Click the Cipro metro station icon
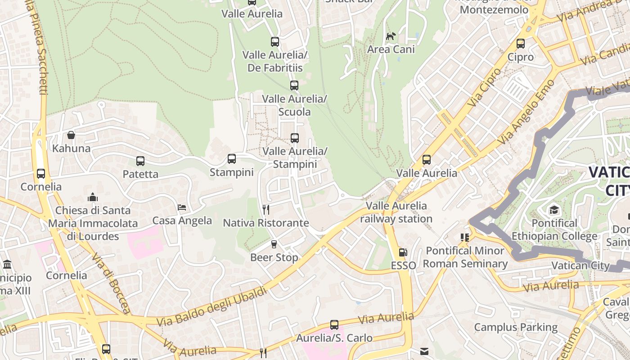click(x=521, y=44)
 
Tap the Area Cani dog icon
click(x=391, y=36)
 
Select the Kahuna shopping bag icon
click(x=71, y=135)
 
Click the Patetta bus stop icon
click(x=140, y=161)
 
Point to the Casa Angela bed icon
click(x=182, y=207)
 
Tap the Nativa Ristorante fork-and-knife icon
click(x=266, y=209)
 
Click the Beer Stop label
click(x=274, y=257)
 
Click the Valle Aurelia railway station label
click(x=396, y=212)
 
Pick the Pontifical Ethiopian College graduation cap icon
click(x=554, y=210)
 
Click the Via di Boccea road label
click(x=111, y=283)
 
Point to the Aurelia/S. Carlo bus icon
click(x=334, y=324)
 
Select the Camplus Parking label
click(x=516, y=327)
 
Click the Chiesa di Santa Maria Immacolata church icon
click(x=93, y=197)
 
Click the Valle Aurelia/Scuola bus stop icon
click(x=294, y=85)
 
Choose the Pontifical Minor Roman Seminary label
click(x=465, y=257)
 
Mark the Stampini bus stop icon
click(x=232, y=158)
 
